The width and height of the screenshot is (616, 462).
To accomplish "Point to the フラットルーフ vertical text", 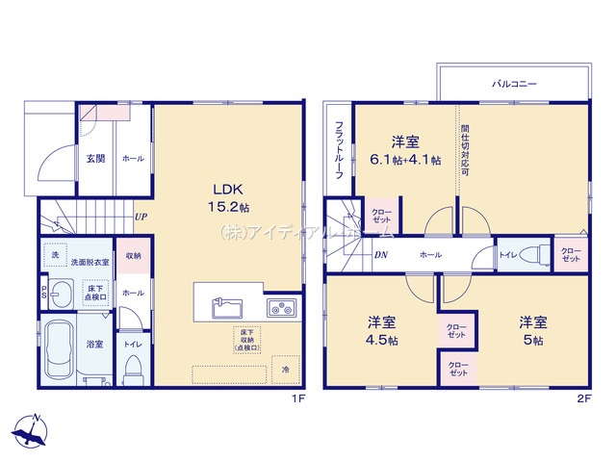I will (x=340, y=144).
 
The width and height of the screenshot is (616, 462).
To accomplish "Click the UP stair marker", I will (x=141, y=218).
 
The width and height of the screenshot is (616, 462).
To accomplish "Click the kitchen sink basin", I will (x=227, y=308).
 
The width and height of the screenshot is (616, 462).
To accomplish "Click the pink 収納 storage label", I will (x=133, y=256).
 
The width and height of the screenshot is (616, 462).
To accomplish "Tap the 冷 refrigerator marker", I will (x=285, y=370).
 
